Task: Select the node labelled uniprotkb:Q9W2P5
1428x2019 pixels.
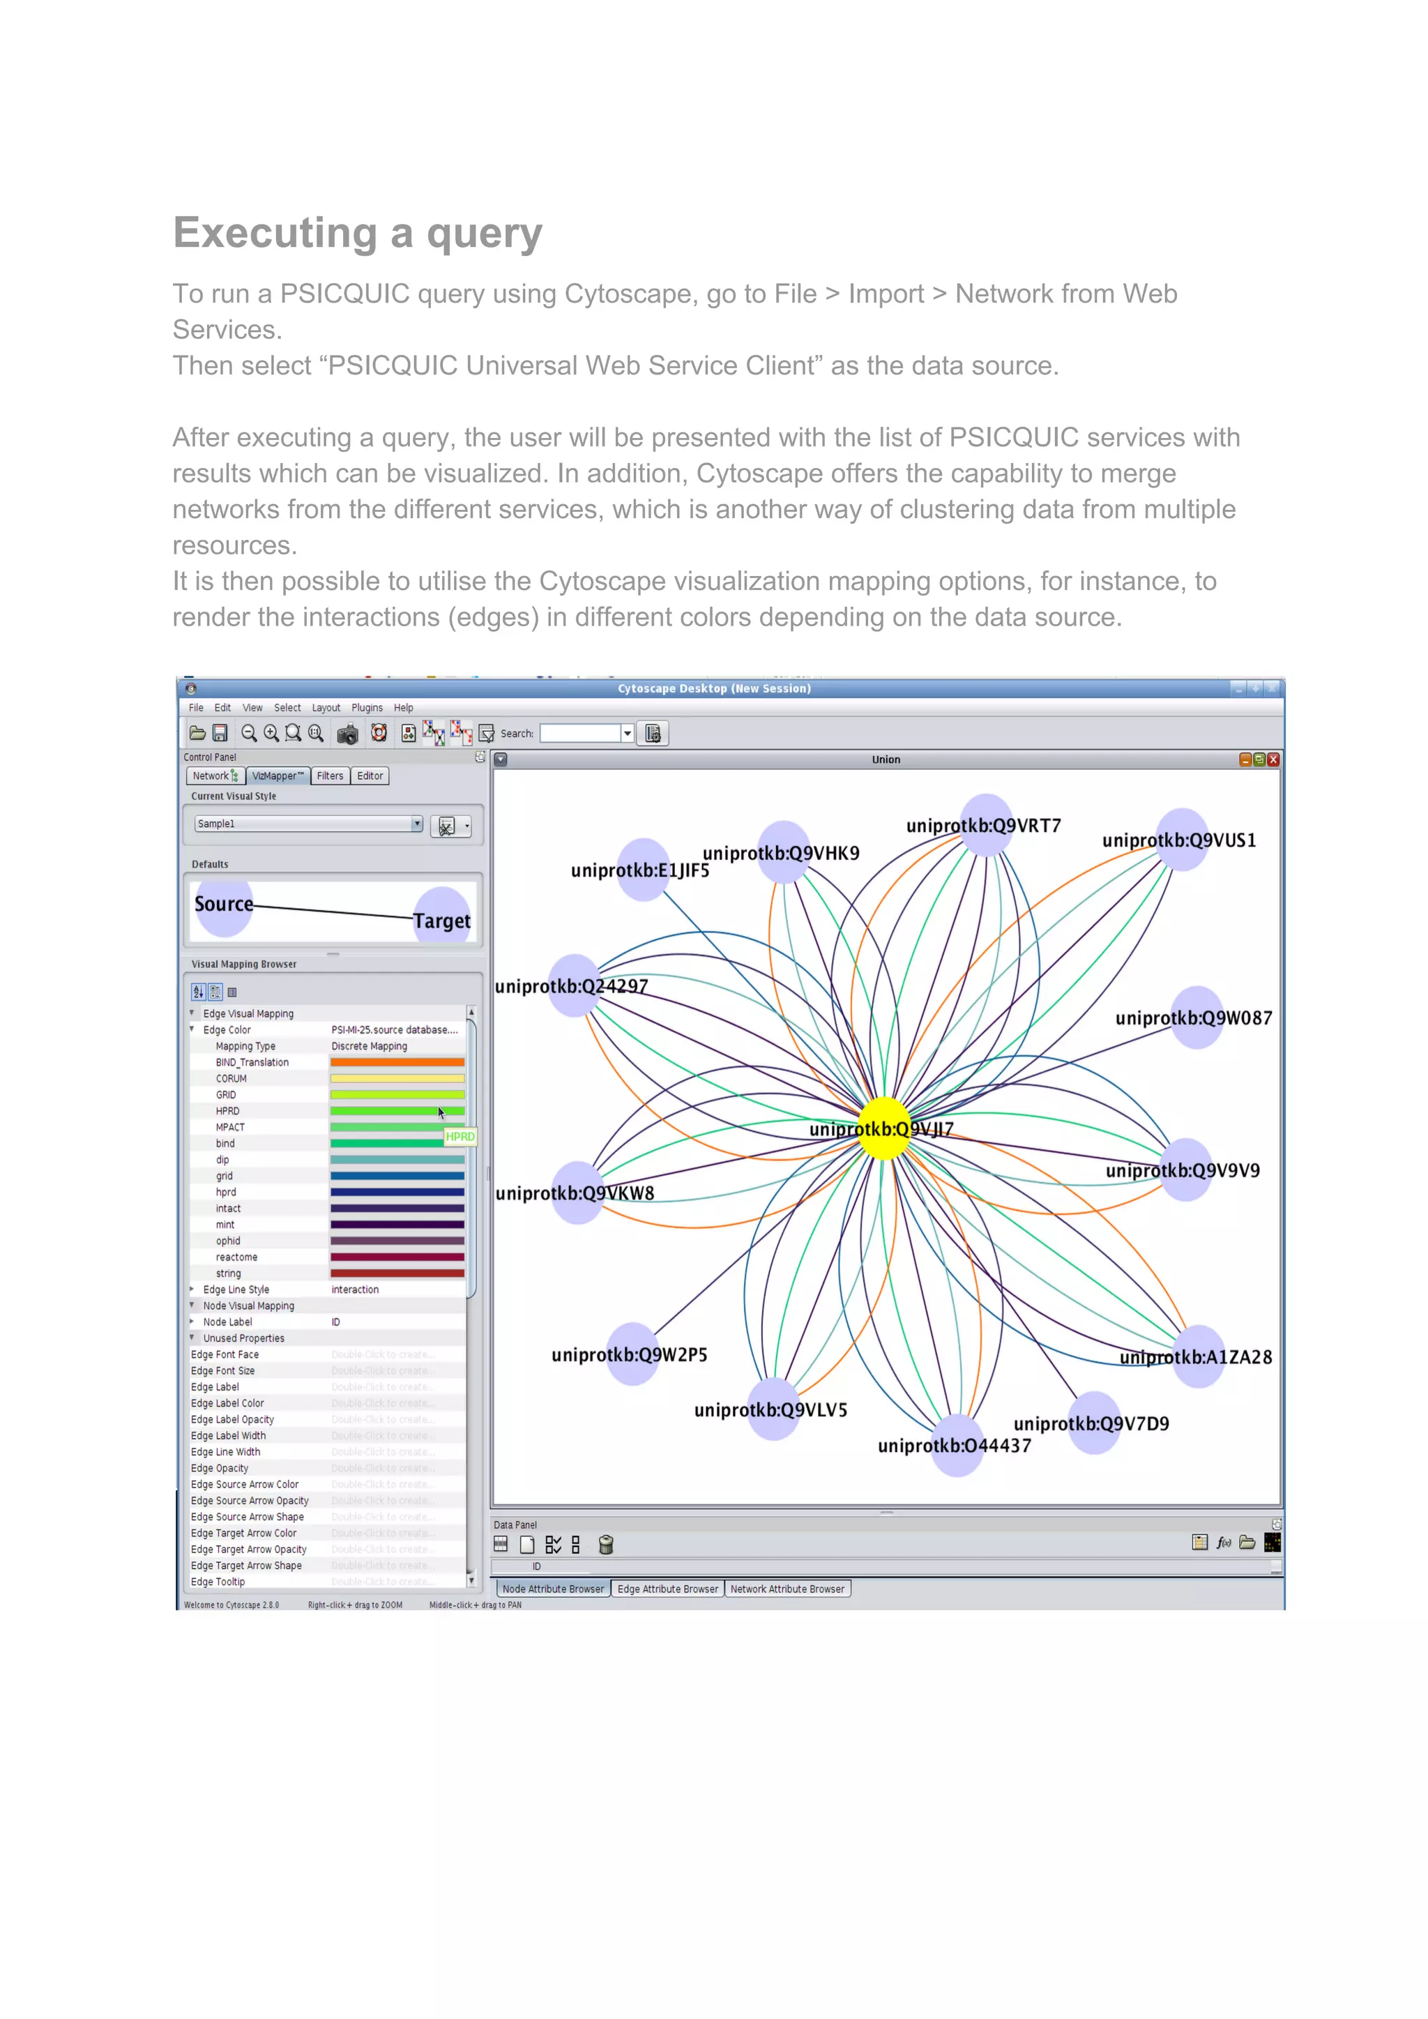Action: [633, 1354]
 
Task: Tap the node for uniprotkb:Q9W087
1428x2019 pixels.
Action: [1198, 1018]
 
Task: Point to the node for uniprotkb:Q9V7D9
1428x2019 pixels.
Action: [1094, 1422]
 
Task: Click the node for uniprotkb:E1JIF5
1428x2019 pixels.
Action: [644, 870]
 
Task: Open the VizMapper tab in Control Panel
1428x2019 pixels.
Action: [278, 776]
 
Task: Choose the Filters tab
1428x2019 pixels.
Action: [330, 776]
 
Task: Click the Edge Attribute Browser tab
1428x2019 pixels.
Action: [667, 1589]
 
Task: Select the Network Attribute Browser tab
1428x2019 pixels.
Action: [787, 1589]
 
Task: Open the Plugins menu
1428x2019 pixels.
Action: [367, 708]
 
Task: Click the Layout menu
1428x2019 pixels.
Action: [326, 708]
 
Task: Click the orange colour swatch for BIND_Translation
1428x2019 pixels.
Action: [397, 1062]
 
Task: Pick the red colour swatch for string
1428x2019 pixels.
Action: [397, 1273]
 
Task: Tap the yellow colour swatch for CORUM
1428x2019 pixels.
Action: [397, 1079]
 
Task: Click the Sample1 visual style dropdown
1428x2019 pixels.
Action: [307, 824]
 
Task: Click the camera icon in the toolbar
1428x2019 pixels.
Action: [347, 734]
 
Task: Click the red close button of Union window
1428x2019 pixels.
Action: [1273, 759]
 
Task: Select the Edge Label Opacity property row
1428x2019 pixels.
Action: [232, 1419]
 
